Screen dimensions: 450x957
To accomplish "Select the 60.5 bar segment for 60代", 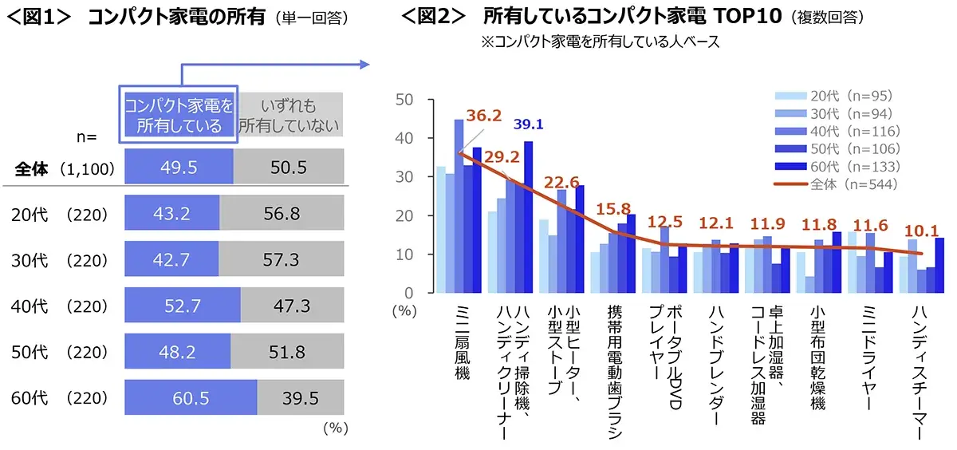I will (x=190, y=397).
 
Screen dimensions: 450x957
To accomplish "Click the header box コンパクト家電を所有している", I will (x=179, y=115).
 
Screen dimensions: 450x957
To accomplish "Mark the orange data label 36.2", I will (x=482, y=116).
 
